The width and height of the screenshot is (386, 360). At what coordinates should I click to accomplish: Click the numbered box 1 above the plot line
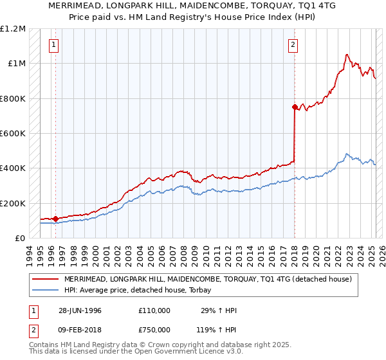coord(53,45)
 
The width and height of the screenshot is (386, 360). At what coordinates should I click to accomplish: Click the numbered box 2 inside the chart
coord(293,45)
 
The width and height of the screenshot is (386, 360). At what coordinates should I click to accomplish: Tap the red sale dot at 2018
coord(295,107)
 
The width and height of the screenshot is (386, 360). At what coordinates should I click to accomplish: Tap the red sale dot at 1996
coord(56,219)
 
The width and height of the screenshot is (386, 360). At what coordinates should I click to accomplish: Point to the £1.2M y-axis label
coord(13,29)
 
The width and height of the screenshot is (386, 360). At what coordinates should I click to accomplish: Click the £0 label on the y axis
coord(19,238)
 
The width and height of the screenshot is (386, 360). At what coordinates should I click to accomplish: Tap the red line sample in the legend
coord(45,280)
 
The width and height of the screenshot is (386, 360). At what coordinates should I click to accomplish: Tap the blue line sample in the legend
coord(45,290)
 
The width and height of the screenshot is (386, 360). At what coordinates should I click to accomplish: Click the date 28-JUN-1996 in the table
coord(80,310)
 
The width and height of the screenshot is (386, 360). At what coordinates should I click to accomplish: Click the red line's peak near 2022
coord(347,55)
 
